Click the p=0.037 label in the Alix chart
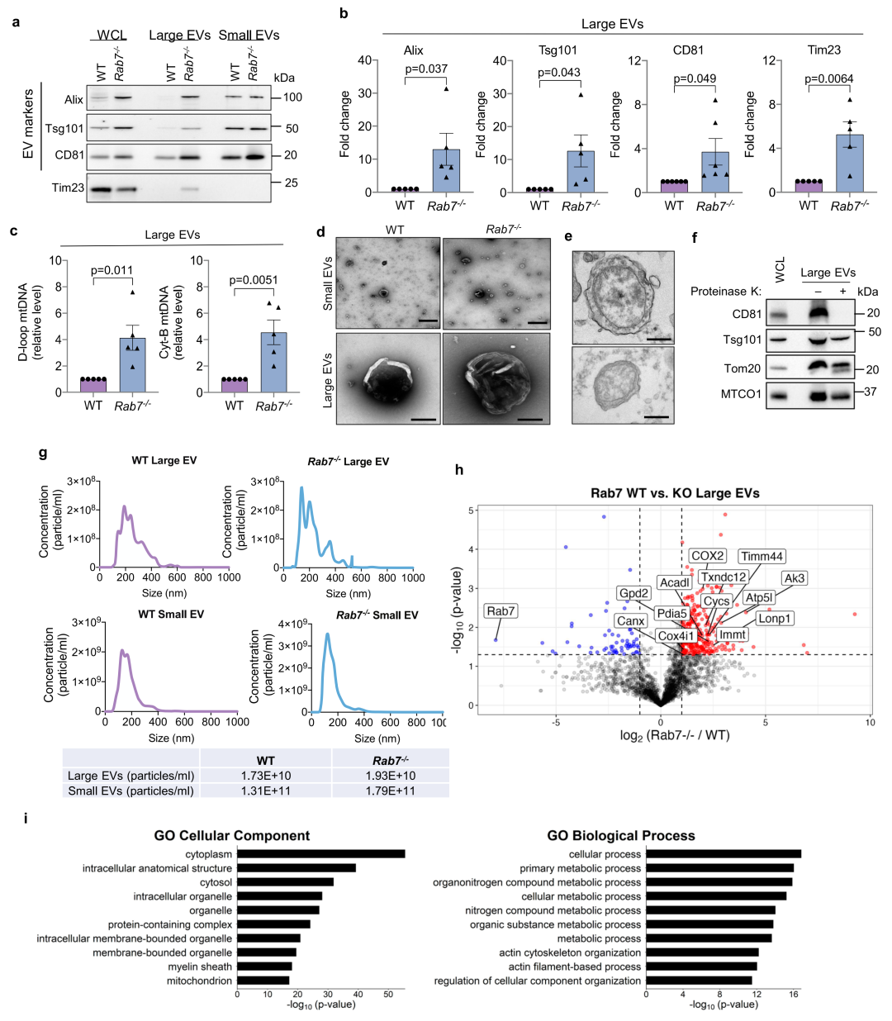click(426, 69)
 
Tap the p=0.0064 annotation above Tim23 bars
click(829, 79)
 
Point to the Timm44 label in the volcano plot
click(762, 557)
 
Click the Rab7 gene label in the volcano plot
click(501, 611)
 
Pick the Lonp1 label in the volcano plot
click(774, 618)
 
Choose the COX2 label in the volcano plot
click(708, 556)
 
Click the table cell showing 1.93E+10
click(391, 776)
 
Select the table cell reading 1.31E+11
click(266, 791)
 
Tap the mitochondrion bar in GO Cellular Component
click(263, 981)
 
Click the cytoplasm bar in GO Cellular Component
click(320, 854)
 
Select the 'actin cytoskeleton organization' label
click(570, 952)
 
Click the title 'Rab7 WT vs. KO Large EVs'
click(675, 493)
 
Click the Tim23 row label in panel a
click(68, 188)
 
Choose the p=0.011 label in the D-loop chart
click(111, 270)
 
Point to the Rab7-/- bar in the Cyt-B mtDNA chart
click(273, 362)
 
